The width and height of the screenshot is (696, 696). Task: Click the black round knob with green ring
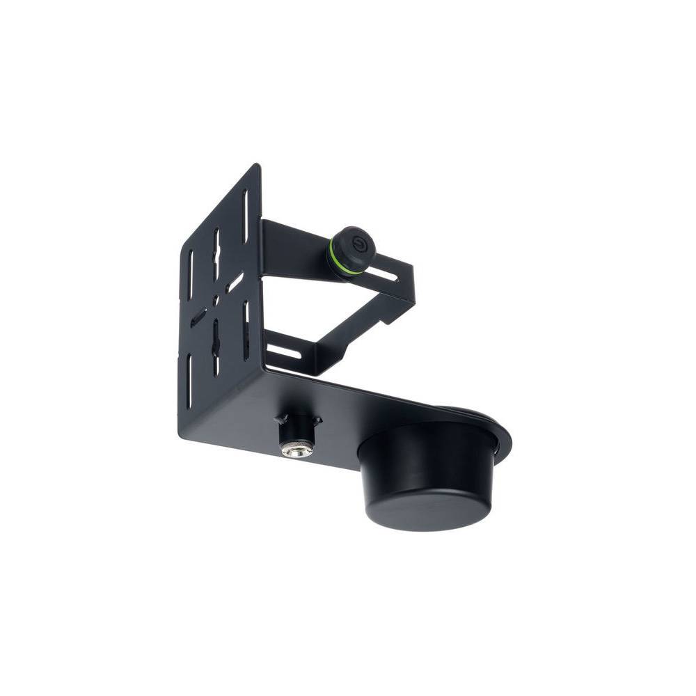click(x=353, y=248)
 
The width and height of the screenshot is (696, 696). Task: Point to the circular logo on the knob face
click(x=359, y=244)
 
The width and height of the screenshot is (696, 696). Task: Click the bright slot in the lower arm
click(x=284, y=351)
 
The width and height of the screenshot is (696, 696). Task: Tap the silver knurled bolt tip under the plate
click(x=296, y=450)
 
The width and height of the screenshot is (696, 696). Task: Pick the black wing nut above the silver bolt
click(x=298, y=422)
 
